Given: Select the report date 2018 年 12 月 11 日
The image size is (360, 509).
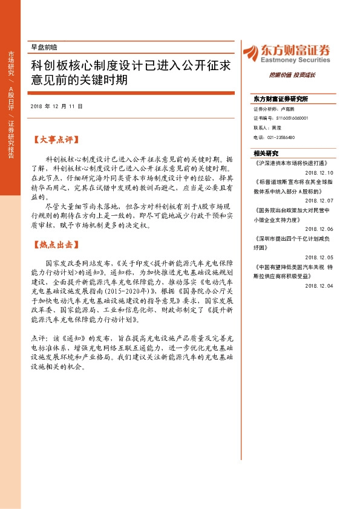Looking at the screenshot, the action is [x=56, y=106].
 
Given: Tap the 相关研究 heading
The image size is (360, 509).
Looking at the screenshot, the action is [x=266, y=154].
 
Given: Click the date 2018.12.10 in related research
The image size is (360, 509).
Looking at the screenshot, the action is [x=319, y=172].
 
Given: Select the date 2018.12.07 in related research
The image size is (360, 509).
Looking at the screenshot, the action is [x=319, y=199].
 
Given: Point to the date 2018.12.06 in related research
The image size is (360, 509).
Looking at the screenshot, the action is [x=319, y=228].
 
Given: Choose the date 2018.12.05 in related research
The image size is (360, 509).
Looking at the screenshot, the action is [x=319, y=256].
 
